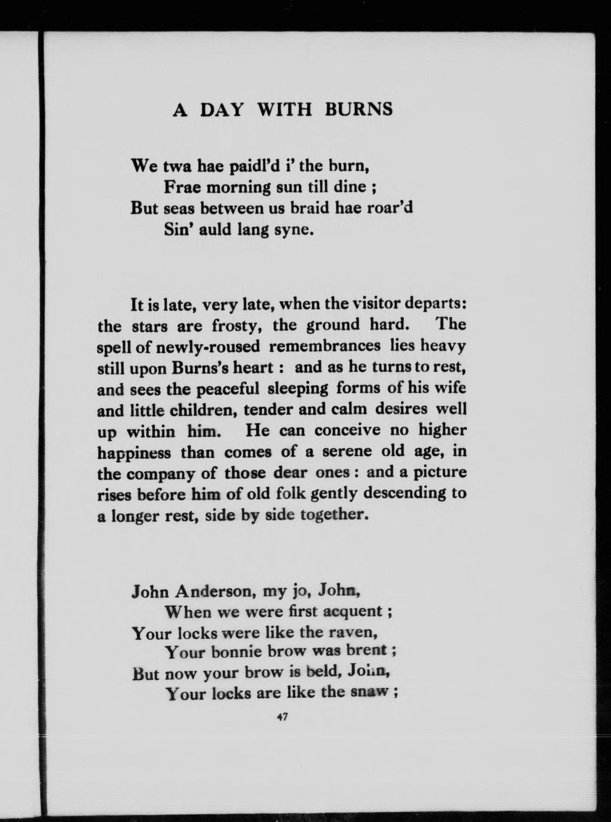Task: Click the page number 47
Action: click(282, 717)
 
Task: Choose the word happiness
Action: click(134, 453)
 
